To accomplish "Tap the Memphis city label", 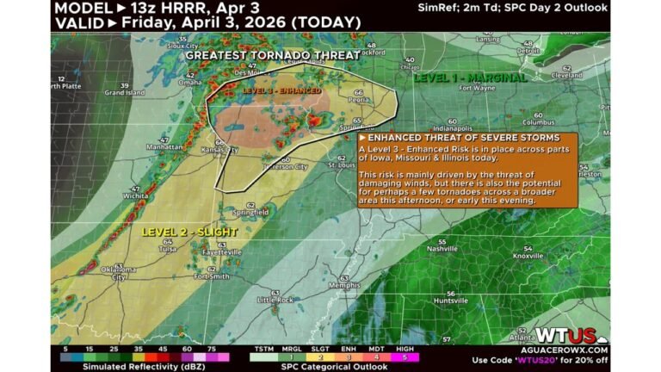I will pos(350,285).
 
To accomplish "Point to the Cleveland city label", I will pos(565,75).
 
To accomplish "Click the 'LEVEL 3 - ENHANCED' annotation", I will pos(281,90).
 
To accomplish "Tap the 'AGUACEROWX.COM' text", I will pos(571,350).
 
